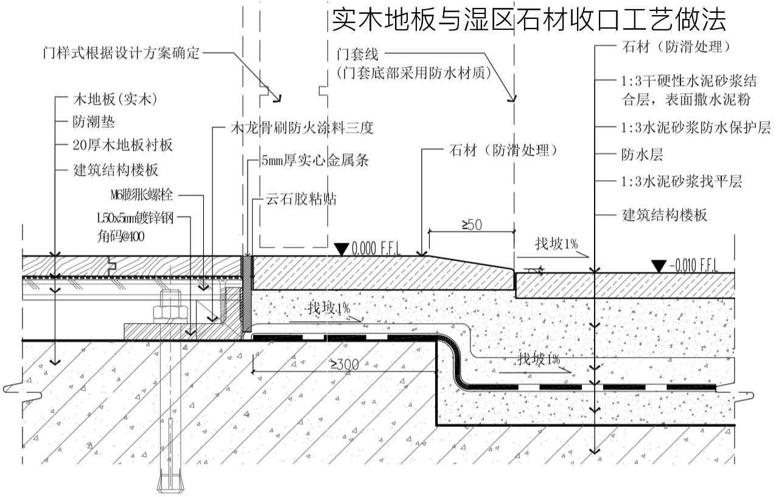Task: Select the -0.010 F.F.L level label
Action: tap(694, 266)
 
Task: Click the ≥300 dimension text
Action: tap(344, 364)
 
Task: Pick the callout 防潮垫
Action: tap(94, 121)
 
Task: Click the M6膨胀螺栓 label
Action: tap(142, 195)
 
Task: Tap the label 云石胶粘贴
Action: tap(302, 199)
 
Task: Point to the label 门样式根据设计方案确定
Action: tap(121, 53)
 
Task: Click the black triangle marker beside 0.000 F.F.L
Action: tap(341, 249)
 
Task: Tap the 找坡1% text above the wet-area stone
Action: tap(556, 245)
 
